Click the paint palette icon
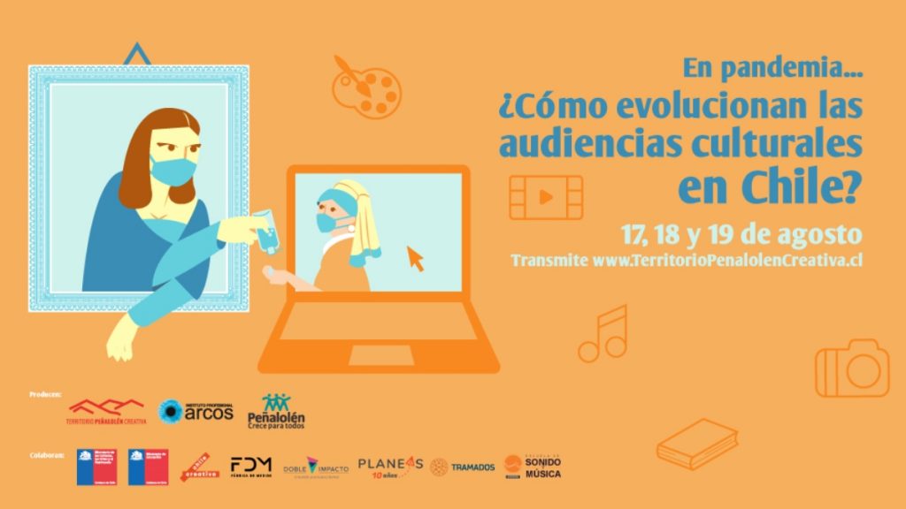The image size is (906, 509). click(x=366, y=86)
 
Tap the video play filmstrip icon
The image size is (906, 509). click(x=546, y=197)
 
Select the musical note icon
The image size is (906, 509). click(x=603, y=334)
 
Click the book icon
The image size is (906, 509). click(x=697, y=443)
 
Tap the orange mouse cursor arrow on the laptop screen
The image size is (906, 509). click(x=414, y=258)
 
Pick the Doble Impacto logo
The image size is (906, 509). click(x=315, y=467)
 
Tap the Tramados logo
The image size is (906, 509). click(x=463, y=467)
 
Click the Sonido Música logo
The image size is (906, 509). click(x=533, y=466)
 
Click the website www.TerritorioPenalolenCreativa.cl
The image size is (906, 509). click(x=727, y=260)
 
